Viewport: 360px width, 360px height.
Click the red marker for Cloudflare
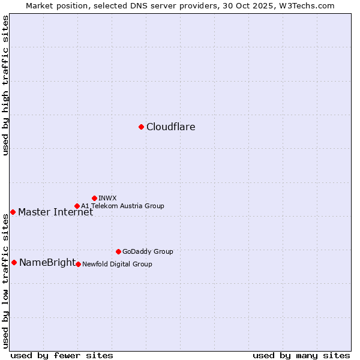[x=141, y=127]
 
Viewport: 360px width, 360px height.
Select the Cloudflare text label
[x=170, y=127]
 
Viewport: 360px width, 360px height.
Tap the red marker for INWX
[x=94, y=198]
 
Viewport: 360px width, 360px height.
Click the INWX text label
[x=107, y=198]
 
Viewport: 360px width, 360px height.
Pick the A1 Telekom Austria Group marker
[x=77, y=206]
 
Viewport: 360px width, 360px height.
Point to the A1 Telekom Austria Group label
[x=122, y=206]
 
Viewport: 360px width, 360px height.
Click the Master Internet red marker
[x=13, y=212]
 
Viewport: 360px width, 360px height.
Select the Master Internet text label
[x=55, y=212]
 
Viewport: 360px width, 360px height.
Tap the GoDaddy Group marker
[x=118, y=251]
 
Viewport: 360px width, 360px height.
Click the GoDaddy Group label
[x=148, y=252]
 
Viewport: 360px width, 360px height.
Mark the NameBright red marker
[x=14, y=262]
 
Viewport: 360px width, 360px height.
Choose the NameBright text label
[x=47, y=263]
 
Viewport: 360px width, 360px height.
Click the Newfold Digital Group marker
[x=78, y=264]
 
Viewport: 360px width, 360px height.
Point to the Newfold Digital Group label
[x=117, y=264]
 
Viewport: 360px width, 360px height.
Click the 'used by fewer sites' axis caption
[x=62, y=355]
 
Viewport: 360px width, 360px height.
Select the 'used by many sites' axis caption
[x=301, y=355]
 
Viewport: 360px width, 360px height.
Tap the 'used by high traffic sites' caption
[x=6, y=86]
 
